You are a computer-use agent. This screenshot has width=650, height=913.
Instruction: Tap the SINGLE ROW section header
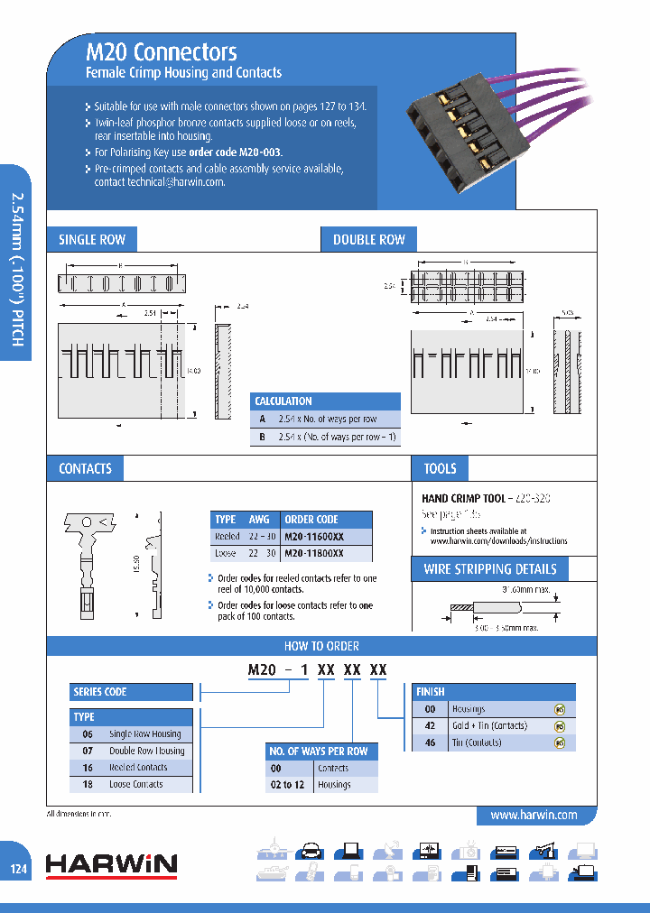(x=91, y=239)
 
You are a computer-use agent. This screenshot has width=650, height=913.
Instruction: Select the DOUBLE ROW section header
(x=368, y=239)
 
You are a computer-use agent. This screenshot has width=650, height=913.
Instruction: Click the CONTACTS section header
(x=85, y=468)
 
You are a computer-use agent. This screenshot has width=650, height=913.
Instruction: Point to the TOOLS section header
(x=440, y=468)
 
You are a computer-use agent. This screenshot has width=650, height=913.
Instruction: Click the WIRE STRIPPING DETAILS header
(x=490, y=569)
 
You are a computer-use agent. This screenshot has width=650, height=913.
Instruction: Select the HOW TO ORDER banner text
(x=321, y=646)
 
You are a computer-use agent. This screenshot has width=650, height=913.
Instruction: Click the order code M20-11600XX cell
(x=313, y=536)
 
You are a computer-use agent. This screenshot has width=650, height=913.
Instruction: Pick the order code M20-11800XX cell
(x=313, y=552)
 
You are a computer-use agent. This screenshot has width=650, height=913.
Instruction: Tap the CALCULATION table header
(x=283, y=401)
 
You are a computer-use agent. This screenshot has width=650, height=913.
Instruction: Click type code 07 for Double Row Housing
(x=88, y=751)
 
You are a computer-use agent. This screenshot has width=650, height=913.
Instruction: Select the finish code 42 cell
(x=431, y=725)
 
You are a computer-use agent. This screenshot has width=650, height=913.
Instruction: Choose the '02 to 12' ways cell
(x=287, y=785)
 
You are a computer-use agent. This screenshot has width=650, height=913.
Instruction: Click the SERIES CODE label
(x=99, y=692)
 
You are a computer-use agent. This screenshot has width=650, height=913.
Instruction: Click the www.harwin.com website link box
(x=533, y=815)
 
